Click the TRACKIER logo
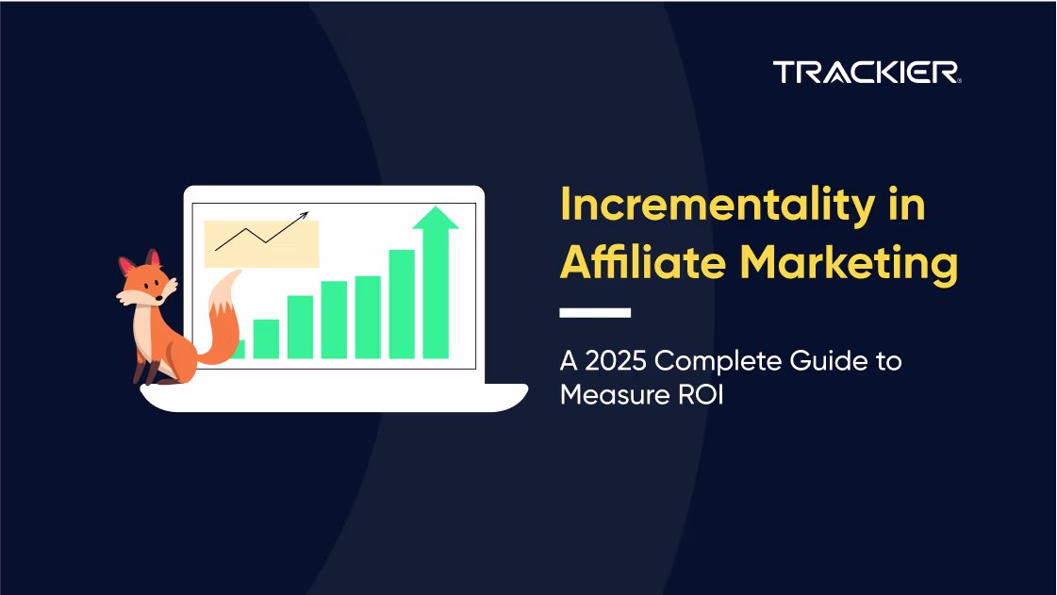coord(867,72)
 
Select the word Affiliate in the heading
coord(643,261)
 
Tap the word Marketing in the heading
coord(849,263)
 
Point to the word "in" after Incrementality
coord(907,205)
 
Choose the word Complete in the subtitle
coord(718,362)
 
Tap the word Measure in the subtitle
coord(614,395)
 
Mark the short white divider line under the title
coord(595,313)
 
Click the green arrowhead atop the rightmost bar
coord(436,218)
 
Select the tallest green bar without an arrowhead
coord(402,304)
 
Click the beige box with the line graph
coord(261,243)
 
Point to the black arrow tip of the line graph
coord(307,213)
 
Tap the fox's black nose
coord(158,297)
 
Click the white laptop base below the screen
coord(335,398)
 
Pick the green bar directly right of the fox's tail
coord(266,339)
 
